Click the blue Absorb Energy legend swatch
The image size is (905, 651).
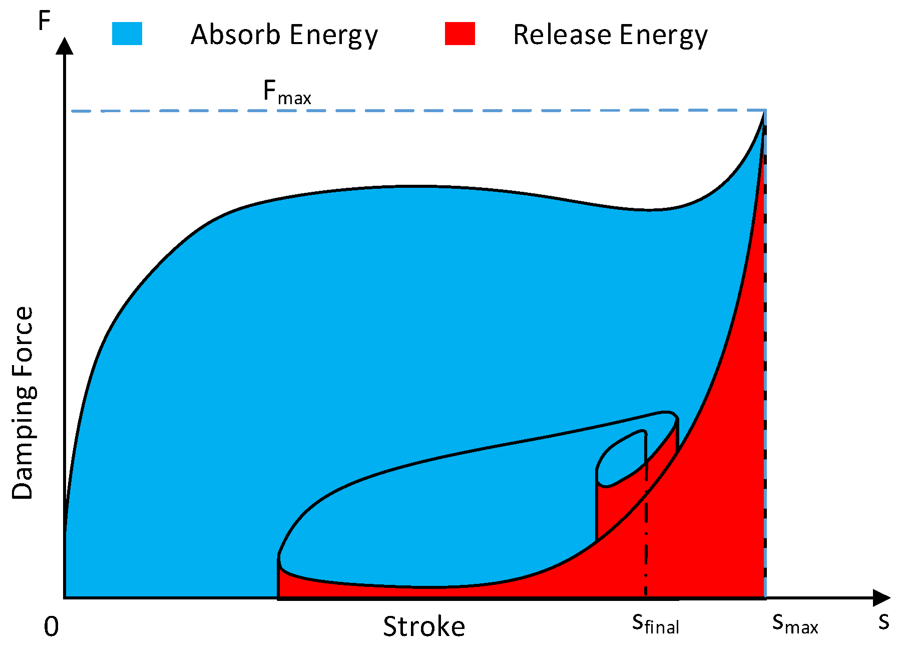(x=127, y=34)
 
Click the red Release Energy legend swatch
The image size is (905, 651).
(x=460, y=34)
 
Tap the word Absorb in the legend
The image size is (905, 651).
(x=236, y=35)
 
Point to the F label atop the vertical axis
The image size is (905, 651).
(x=45, y=22)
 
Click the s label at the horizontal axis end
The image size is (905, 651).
(x=883, y=622)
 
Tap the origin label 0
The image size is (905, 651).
(x=51, y=626)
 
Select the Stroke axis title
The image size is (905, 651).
(x=424, y=626)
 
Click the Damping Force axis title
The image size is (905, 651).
(x=23, y=403)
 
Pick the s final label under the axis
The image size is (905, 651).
(x=655, y=624)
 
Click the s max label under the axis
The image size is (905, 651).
(x=795, y=624)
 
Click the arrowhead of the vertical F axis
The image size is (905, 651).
(x=65, y=46)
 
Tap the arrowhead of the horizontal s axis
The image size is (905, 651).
(x=881, y=597)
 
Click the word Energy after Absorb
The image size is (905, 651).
(x=333, y=36)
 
